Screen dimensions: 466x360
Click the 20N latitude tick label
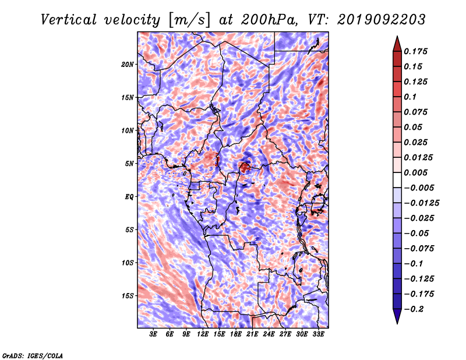click(x=128, y=65)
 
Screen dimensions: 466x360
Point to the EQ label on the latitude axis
click(x=129, y=197)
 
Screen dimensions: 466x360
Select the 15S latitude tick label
click(x=128, y=296)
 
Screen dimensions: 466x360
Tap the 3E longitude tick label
click(x=153, y=334)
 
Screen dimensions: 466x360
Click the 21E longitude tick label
click(x=252, y=334)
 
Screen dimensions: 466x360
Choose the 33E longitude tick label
click(x=318, y=334)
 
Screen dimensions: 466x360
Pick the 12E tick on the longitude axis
click(x=202, y=334)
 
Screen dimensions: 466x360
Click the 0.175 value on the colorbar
click(x=415, y=51)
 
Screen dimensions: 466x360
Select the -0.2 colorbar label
click(x=414, y=309)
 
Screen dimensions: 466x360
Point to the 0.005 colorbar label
click(x=415, y=172)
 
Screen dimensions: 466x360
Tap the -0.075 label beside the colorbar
click(x=419, y=249)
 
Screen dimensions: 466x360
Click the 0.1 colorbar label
click(x=410, y=97)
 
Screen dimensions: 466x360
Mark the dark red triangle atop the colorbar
click(x=397, y=44)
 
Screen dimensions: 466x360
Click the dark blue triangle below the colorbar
click(x=397, y=316)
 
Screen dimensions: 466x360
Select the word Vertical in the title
click(x=69, y=20)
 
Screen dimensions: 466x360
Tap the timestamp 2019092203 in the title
click(x=381, y=20)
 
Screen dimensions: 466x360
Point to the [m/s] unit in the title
click(x=189, y=20)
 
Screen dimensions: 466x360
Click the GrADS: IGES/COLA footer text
click(x=33, y=355)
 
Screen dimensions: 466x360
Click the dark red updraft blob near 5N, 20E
click(x=245, y=167)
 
